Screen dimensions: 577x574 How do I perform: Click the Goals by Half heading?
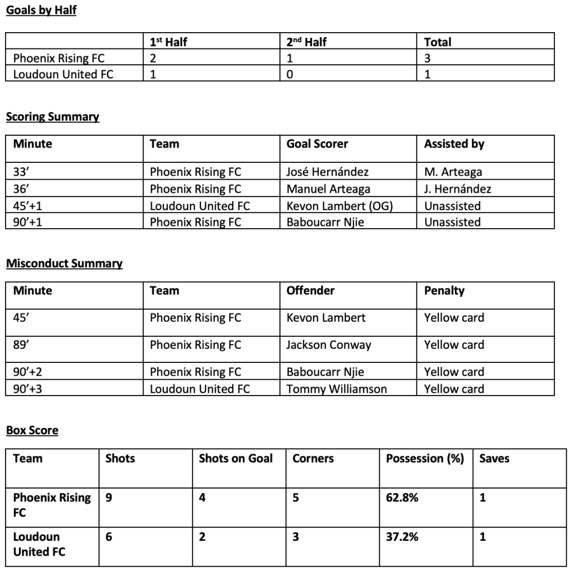(x=41, y=11)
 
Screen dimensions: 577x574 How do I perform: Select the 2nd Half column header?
(x=306, y=42)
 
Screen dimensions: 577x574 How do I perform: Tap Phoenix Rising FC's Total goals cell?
(x=428, y=58)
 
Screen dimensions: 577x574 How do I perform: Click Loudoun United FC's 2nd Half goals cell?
(x=290, y=74)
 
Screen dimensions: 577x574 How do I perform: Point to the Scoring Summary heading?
(x=52, y=117)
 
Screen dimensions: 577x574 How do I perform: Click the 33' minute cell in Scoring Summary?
(x=21, y=172)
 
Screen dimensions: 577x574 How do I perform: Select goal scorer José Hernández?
(x=327, y=172)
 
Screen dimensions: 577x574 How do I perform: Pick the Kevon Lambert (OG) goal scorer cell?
(x=339, y=206)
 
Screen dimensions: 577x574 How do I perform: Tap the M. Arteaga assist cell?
(x=453, y=172)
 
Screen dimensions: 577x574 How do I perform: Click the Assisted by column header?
(x=454, y=144)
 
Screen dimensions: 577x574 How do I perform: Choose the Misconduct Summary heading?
(x=64, y=263)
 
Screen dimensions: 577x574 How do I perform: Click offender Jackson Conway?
(x=328, y=345)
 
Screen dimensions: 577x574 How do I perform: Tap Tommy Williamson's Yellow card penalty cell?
(x=453, y=389)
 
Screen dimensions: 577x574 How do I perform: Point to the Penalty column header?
(x=444, y=291)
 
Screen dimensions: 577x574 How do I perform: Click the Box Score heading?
(x=32, y=430)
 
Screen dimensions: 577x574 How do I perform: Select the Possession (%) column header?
(x=425, y=458)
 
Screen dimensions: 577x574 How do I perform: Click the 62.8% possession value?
(x=402, y=498)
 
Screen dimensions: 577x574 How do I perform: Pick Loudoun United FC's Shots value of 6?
(x=109, y=537)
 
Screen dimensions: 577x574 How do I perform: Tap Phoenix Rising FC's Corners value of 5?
(x=296, y=498)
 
